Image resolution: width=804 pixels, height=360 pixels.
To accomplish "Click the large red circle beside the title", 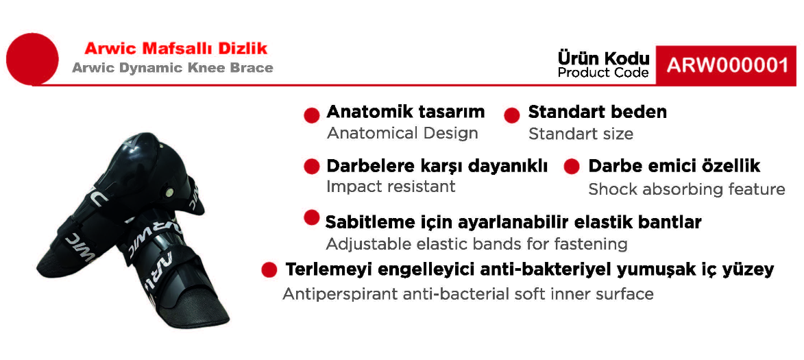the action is (x=32, y=58).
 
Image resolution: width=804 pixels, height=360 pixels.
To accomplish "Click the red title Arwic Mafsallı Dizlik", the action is (x=176, y=49).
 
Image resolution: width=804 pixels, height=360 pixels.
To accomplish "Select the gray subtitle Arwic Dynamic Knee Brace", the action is (x=172, y=68).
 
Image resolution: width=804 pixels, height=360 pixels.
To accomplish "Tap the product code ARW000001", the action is (x=727, y=66).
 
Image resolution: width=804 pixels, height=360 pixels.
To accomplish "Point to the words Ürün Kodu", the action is (x=603, y=58).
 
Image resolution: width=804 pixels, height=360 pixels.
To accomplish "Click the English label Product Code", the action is (x=603, y=73).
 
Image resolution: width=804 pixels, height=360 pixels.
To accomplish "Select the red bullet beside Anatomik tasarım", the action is (x=312, y=115).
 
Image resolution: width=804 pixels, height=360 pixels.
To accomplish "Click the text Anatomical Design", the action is (x=402, y=133).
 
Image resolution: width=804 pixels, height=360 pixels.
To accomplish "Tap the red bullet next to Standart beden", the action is (x=512, y=115).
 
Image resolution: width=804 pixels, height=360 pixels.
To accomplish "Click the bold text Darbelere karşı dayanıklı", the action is (x=437, y=167).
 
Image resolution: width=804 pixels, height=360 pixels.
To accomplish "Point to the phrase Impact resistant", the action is (x=391, y=186).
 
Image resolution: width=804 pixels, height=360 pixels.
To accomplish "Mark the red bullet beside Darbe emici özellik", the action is (x=571, y=167).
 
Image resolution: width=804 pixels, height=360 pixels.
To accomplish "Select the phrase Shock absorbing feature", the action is (x=687, y=189).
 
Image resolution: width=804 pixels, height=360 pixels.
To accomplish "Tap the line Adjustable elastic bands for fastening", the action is (x=476, y=243).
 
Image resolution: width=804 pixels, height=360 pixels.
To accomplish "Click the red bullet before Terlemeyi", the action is (x=269, y=269).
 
